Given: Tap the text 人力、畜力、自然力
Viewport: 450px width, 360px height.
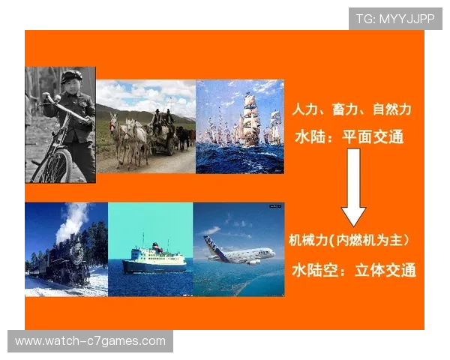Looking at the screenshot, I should tap(352, 110).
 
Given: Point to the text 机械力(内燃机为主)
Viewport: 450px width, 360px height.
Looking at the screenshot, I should tap(349, 241).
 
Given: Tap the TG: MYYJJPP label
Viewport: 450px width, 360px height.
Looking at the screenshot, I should tap(395, 19).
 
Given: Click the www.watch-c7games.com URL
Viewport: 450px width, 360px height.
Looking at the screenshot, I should tap(90, 341).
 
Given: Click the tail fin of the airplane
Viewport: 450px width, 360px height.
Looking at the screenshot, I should tap(209, 241).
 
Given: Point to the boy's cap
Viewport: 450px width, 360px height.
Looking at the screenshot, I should tap(73, 75).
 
